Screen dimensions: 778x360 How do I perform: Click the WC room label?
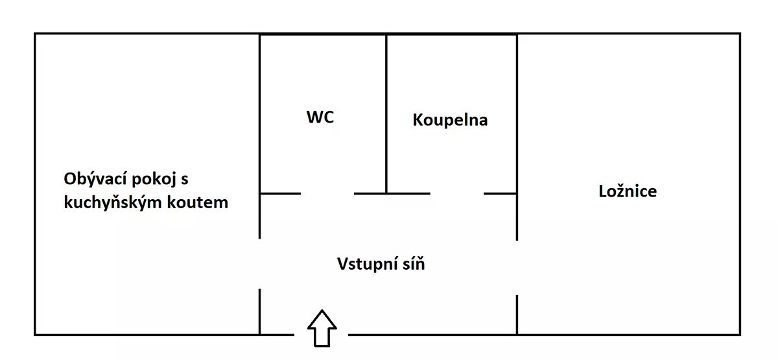pyautogui.click(x=320, y=117)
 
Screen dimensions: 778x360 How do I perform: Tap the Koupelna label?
pyautogui.click(x=450, y=120)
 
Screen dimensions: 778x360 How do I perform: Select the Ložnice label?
pyautogui.click(x=628, y=191)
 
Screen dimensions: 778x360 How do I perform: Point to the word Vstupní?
pyautogui.click(x=367, y=265)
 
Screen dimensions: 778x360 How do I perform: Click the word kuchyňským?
pyautogui.click(x=113, y=202)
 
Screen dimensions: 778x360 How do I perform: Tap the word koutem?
pyautogui.click(x=198, y=202)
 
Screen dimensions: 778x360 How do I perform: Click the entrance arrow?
pyautogui.click(x=322, y=328)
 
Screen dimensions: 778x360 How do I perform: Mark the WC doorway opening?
pyautogui.click(x=327, y=193)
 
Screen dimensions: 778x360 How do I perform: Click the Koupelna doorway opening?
pyautogui.click(x=457, y=193)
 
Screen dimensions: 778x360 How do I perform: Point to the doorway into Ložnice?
pyautogui.click(x=517, y=267)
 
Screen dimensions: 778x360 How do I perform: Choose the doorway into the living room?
pyautogui.click(x=259, y=263)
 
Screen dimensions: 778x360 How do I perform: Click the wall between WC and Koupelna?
pyautogui.click(x=386, y=114)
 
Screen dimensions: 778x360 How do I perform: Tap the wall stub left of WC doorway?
pyautogui.click(x=280, y=193)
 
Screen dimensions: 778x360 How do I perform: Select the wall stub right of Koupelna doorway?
pyautogui.click(x=500, y=193)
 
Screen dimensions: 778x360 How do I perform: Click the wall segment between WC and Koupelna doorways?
pyautogui.click(x=392, y=193)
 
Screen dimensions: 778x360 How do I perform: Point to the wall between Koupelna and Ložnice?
pyautogui.click(x=517, y=138)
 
